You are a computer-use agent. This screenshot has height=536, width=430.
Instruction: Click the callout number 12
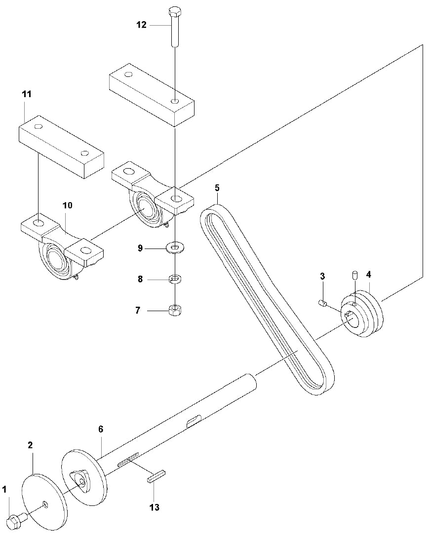142,25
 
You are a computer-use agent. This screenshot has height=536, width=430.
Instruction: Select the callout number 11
26,94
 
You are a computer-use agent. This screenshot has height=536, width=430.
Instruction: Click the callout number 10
67,205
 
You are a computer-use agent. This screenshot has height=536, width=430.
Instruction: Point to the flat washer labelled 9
174,247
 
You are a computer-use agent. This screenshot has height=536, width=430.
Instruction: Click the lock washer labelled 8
174,280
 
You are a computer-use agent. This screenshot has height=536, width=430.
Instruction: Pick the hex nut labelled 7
174,310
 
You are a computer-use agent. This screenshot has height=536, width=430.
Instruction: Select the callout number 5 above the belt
217,188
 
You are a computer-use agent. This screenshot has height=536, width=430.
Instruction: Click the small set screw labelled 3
322,303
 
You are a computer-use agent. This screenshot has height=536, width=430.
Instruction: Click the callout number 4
368,274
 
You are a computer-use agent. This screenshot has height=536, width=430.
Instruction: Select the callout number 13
155,507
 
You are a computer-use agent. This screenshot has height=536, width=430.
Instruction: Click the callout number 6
101,429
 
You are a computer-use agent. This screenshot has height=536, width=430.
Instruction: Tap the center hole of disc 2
45,503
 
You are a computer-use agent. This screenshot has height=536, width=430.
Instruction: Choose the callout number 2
30,445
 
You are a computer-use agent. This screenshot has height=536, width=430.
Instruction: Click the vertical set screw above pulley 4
354,274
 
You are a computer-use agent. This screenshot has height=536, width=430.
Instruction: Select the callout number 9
140,248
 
